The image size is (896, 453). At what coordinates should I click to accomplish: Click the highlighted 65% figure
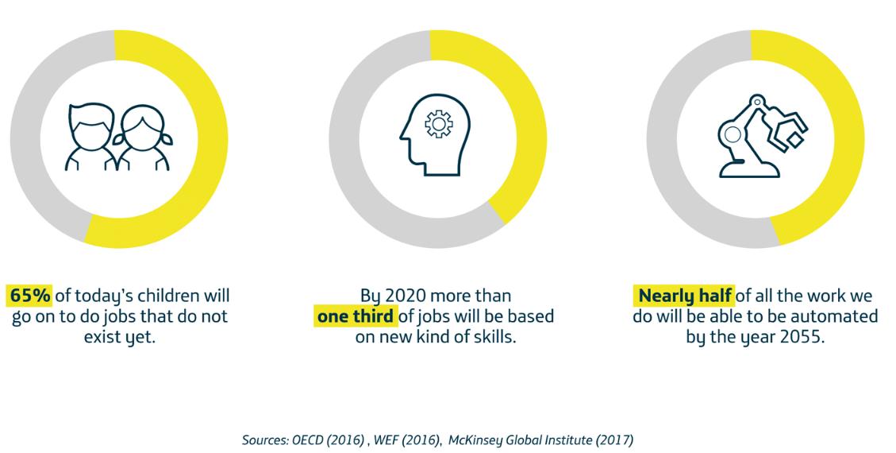click(30, 296)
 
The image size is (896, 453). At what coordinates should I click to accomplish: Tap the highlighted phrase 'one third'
click(355, 316)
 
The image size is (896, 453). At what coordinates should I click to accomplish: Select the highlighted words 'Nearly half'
click(684, 296)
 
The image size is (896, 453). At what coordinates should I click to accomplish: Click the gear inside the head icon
click(437, 123)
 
